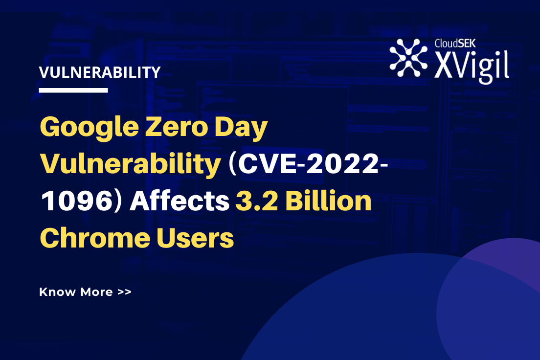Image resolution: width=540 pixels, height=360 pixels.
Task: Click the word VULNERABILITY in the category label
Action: pyautogui.click(x=100, y=72)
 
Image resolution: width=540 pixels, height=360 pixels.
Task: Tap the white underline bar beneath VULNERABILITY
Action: pyautogui.click(x=73, y=90)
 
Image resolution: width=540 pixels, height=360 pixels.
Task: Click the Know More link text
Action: pyautogui.click(x=76, y=292)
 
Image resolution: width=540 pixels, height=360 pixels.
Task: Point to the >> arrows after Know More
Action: pyautogui.click(x=124, y=292)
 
